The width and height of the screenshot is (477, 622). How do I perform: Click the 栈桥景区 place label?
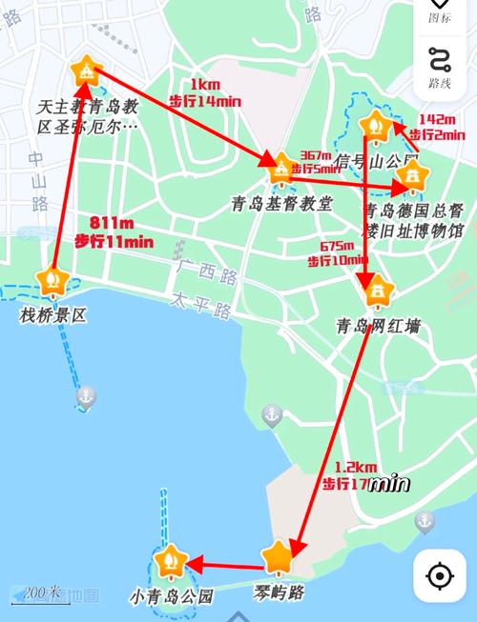coord(53,314)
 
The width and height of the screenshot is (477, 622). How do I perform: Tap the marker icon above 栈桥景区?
coord(52,280)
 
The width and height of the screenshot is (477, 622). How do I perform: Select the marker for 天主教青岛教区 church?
coord(86,71)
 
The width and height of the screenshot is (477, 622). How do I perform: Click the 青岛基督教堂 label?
coord(281,203)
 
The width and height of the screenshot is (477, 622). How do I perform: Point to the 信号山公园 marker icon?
coord(373,125)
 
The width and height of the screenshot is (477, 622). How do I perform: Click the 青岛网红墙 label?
coord(378,327)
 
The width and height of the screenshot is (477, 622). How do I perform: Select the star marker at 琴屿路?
coord(278,557)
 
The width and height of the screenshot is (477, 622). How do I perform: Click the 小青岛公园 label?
coord(171,597)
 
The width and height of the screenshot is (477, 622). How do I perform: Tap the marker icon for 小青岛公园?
coord(172,562)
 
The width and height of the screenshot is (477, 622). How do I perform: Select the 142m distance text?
coord(437,119)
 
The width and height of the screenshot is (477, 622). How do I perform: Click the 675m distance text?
coord(338,245)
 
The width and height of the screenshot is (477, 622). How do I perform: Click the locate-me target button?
coord(439,576)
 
